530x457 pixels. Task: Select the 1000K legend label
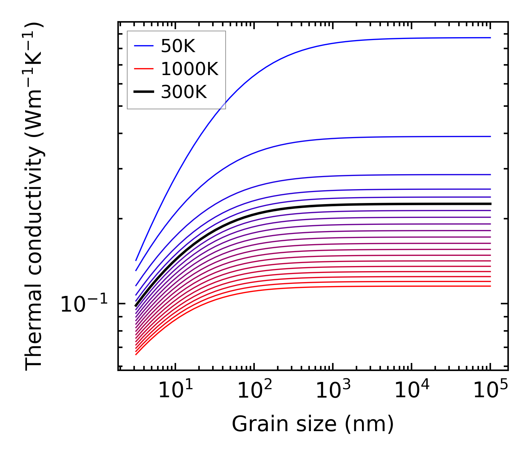[x=190, y=69]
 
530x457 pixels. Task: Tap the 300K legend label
[x=184, y=92]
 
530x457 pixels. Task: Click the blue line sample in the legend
[x=144, y=46]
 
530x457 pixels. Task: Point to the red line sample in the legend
[x=144, y=69]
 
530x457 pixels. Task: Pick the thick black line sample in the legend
[x=144, y=92]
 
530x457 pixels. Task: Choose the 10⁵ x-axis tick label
[x=490, y=391]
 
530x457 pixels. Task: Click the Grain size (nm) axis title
[x=313, y=424]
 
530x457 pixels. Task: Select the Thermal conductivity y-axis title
[x=34, y=197]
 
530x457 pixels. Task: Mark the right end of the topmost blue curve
[x=490, y=38]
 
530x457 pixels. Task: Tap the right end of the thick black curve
[x=490, y=204]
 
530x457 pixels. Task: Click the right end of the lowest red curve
[x=490, y=286]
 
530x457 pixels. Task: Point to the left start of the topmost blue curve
[x=136, y=260]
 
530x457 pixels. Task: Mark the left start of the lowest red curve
[x=136, y=355]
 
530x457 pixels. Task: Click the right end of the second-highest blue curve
[x=490, y=136]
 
